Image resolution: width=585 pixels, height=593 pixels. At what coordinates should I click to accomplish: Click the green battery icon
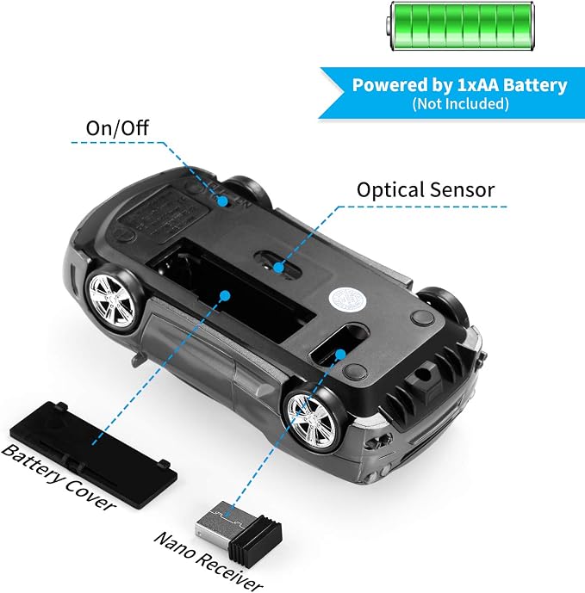[460, 26]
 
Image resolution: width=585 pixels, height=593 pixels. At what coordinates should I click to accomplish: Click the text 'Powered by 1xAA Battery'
[460, 85]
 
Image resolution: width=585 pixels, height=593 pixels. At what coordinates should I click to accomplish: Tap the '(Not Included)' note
[460, 103]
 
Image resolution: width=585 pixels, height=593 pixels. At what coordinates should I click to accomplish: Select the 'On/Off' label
[117, 128]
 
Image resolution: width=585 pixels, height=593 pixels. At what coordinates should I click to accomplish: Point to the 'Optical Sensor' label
[426, 189]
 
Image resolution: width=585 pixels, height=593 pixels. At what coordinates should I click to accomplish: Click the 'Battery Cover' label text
[58, 477]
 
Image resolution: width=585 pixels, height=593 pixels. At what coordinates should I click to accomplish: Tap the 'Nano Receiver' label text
[208, 562]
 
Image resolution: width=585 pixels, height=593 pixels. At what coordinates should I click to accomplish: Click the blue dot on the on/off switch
[223, 201]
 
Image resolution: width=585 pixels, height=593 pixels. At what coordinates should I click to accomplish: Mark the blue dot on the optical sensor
[278, 268]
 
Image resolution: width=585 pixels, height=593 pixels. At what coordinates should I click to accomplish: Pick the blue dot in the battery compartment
[225, 295]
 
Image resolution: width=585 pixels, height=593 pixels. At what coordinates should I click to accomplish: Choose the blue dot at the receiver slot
[341, 355]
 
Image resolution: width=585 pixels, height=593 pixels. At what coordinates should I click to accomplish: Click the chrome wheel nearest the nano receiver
[313, 421]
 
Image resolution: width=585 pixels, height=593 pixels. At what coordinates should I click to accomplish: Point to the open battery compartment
[231, 289]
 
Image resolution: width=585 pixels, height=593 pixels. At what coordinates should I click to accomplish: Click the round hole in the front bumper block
[422, 374]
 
